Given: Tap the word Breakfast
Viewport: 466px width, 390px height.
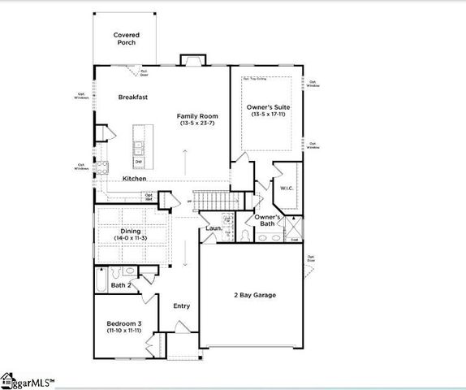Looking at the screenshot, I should click(x=132, y=97).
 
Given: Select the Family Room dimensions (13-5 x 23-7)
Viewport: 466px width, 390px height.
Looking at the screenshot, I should click(x=198, y=123).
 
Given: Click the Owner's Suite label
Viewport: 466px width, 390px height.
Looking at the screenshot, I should click(x=268, y=107).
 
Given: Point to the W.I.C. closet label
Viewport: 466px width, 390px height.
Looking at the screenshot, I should click(x=286, y=188).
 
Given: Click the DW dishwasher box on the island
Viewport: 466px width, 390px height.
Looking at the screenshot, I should click(x=139, y=162).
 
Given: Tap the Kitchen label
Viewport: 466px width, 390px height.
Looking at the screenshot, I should click(x=135, y=179).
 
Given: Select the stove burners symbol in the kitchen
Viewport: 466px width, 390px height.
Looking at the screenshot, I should click(x=103, y=168).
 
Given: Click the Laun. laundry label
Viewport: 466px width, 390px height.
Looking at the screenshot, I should click(x=213, y=229).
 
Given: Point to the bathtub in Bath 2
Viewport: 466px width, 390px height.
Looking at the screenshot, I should click(x=99, y=282).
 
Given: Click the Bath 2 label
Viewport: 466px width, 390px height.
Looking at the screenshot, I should click(x=123, y=285).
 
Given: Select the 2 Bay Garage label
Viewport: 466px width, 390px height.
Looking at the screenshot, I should click(x=253, y=295).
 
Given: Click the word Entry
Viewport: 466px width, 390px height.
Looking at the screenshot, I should click(x=182, y=306).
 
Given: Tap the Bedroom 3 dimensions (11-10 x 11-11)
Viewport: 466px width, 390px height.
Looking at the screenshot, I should click(x=119, y=331).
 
